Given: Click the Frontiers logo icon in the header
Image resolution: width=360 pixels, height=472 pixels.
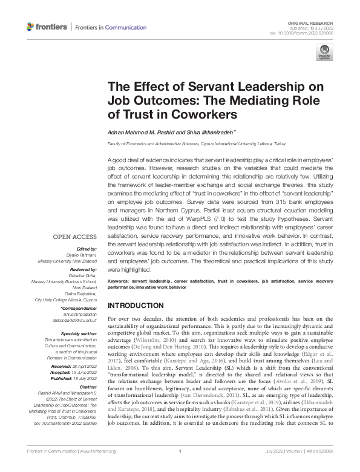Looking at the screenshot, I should (31, 27).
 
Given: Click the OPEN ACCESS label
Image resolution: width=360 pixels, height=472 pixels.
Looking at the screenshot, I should (75, 237).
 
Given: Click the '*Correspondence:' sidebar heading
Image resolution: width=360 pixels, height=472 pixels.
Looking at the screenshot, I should (79, 309).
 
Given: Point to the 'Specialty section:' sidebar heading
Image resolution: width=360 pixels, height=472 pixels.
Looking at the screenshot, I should (80, 333).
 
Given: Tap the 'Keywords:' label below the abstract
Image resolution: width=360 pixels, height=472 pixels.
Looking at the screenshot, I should (120, 281).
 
